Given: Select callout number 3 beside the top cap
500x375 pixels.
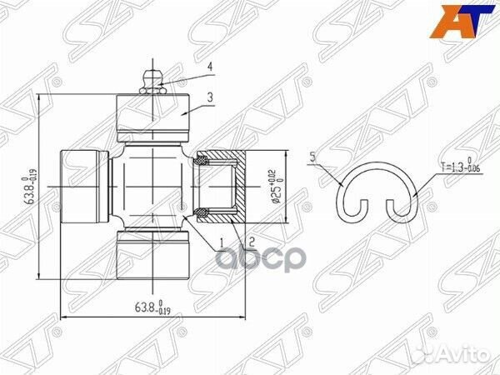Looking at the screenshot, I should [211, 97].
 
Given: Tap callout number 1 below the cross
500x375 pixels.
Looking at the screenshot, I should [221, 242].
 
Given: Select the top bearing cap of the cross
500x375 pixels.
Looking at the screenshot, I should [153, 117].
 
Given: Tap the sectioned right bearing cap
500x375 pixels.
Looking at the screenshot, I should [222, 187].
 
